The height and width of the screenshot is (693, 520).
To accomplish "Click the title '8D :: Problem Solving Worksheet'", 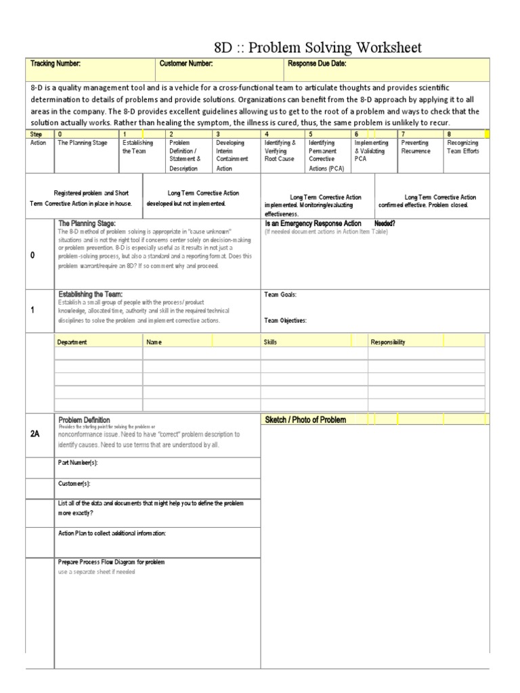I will click(x=317, y=47).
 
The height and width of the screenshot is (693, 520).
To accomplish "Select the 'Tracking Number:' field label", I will click(x=56, y=64).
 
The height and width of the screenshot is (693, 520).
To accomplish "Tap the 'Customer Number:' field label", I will click(x=186, y=64).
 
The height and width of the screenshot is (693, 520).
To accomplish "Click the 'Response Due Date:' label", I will click(x=317, y=64).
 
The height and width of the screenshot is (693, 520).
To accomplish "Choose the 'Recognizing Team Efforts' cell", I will click(x=463, y=147).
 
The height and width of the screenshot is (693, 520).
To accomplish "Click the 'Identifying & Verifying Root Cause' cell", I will click(x=280, y=151).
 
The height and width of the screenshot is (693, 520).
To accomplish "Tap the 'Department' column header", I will click(x=72, y=342).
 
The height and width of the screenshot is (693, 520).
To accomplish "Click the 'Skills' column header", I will click(x=271, y=342).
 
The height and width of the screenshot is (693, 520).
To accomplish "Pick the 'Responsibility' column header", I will click(x=388, y=342).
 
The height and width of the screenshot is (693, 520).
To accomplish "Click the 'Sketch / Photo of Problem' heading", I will click(x=305, y=420).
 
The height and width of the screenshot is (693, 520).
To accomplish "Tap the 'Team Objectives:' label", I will click(x=284, y=321).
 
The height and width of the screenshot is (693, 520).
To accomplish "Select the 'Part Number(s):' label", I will click(x=79, y=462).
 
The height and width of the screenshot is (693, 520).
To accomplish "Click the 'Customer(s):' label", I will click(x=74, y=483).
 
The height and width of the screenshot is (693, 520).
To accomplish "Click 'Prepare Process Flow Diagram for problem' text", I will click(x=112, y=562).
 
